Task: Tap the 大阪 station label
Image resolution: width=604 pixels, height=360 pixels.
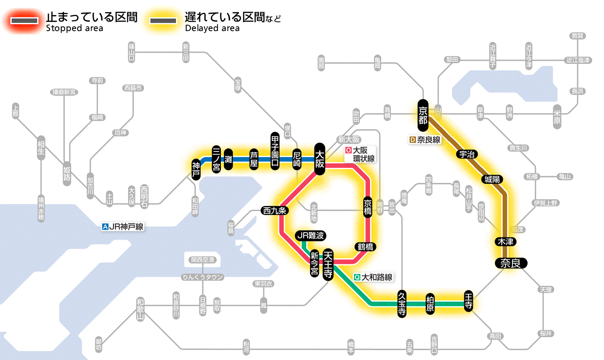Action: [320, 159]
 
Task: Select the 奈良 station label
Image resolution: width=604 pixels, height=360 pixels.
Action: [510, 263]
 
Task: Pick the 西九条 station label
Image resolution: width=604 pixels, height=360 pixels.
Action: [274, 211]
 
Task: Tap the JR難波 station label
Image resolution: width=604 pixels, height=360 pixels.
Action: [310, 236]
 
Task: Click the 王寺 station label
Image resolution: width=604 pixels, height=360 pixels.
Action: [469, 301]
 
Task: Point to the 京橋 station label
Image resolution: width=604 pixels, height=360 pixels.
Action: [368, 208]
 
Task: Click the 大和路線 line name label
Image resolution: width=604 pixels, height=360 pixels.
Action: [373, 277]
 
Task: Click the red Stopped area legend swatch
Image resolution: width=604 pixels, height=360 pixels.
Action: [24, 21]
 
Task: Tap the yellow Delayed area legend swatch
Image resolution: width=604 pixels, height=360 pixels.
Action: [163, 21]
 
